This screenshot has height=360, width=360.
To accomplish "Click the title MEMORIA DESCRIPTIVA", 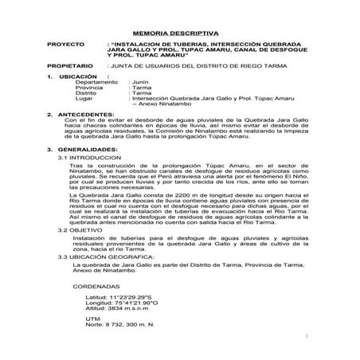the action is (181, 25).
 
